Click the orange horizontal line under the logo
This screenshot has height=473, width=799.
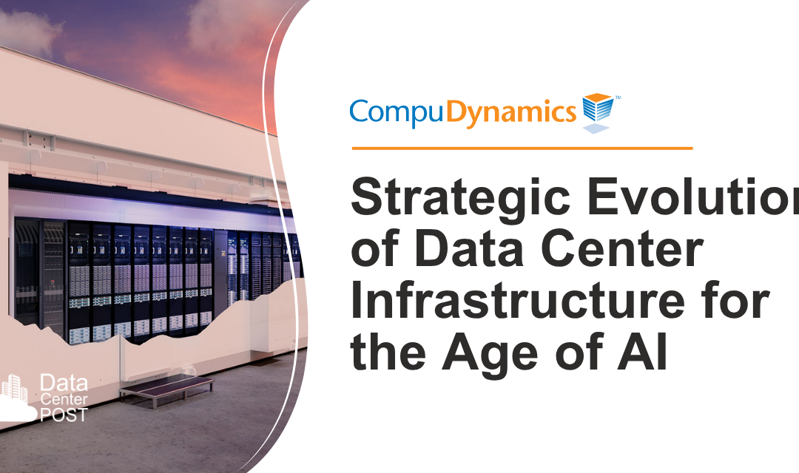[522, 148]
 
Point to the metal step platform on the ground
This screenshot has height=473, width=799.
[166, 388]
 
